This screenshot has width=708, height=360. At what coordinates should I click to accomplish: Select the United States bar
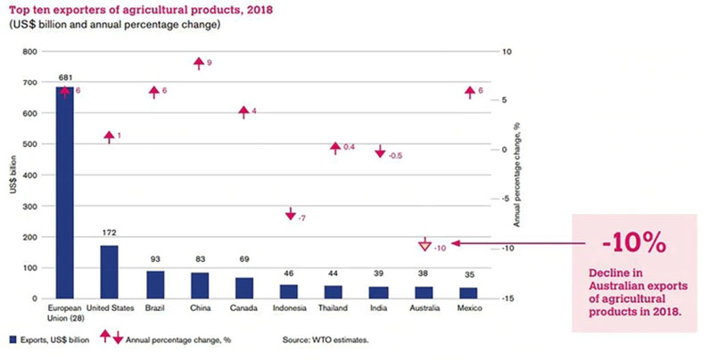[x=109, y=272]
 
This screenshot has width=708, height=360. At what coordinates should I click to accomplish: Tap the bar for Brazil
[x=154, y=284]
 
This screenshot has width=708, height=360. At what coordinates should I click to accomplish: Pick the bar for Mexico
[x=469, y=293]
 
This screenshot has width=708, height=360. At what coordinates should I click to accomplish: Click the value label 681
[x=64, y=78]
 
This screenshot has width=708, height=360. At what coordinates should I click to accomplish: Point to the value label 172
[x=109, y=233]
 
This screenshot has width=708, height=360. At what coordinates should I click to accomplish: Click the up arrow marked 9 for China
[x=199, y=62]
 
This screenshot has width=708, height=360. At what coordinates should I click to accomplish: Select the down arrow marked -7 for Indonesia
[x=291, y=215]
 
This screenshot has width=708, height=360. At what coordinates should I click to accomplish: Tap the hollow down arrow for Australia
[x=424, y=244]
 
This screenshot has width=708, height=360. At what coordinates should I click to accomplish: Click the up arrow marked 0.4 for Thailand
[x=335, y=148]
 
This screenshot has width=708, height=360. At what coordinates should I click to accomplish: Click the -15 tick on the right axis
[x=504, y=298]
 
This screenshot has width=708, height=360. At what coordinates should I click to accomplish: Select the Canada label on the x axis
[x=244, y=307]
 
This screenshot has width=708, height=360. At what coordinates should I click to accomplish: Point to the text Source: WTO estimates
[x=325, y=338]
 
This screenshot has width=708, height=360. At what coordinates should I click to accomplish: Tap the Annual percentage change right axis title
[x=516, y=175]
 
